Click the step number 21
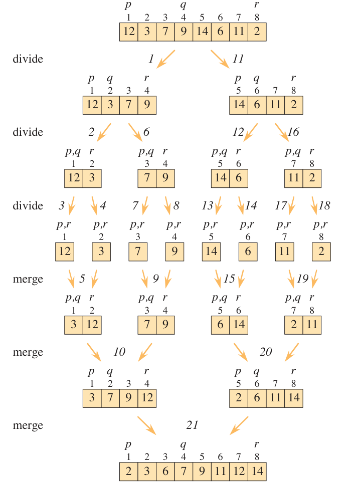192,425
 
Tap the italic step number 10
119,352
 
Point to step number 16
293,132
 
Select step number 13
207,205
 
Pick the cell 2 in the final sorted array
129,471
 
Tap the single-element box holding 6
248,252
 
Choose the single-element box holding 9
174,252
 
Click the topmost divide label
28,59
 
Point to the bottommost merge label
28,426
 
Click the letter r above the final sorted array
257,444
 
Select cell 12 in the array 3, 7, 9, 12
147,398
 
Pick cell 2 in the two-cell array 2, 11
293,325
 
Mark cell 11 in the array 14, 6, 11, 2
275,105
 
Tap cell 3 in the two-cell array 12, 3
92,178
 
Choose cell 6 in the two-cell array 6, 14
220,325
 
